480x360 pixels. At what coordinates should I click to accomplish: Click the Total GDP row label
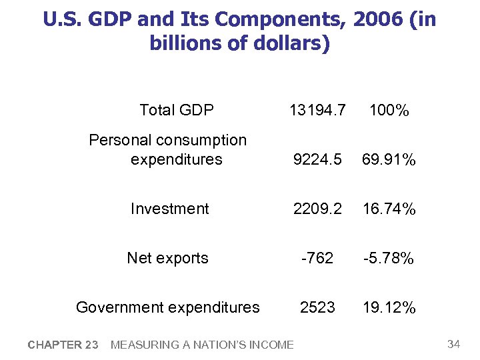click(x=176, y=110)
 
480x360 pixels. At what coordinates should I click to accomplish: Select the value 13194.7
click(x=317, y=110)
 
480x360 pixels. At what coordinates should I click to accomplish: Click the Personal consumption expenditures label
click(x=168, y=150)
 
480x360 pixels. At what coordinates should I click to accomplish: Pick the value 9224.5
click(x=317, y=160)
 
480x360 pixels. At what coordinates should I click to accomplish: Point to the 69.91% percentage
click(x=389, y=160)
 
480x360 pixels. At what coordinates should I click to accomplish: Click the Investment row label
click(x=169, y=209)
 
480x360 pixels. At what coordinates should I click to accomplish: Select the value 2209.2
click(x=317, y=209)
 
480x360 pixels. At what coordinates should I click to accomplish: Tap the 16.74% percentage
click(x=389, y=209)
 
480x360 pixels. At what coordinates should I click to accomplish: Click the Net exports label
click(x=167, y=258)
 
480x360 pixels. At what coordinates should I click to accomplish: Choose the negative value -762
click(x=317, y=258)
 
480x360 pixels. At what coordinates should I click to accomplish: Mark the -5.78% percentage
click(x=389, y=258)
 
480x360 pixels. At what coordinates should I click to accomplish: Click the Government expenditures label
click(x=167, y=307)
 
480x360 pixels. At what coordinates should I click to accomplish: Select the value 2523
click(x=317, y=307)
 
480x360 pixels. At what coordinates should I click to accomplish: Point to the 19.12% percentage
click(x=389, y=307)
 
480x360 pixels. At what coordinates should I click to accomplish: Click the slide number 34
click(x=453, y=344)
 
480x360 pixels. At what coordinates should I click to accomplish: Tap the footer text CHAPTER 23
click(x=63, y=345)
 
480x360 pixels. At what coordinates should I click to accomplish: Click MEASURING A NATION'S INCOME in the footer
click(x=201, y=345)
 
